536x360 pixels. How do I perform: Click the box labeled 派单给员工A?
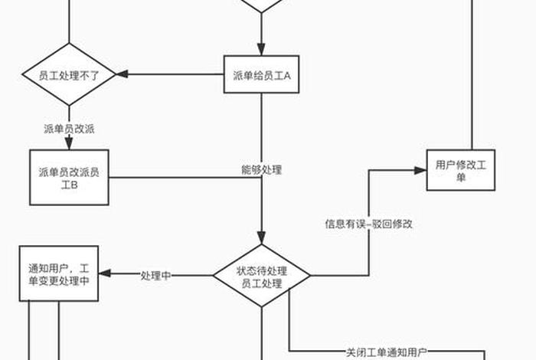tap(261, 75)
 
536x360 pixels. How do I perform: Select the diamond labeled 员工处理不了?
tap(69, 75)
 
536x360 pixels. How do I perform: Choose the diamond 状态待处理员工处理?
tap(261, 276)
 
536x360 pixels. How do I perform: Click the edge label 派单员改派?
tap(69, 128)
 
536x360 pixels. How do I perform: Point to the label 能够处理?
tap(261, 170)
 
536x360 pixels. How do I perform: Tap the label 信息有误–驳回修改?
tap(369, 224)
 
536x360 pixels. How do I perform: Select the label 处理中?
tap(155, 275)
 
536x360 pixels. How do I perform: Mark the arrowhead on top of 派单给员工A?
tap(261, 51)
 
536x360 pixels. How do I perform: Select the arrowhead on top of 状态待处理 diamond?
tap(261, 239)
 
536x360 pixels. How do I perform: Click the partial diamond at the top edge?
tap(261, 5)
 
